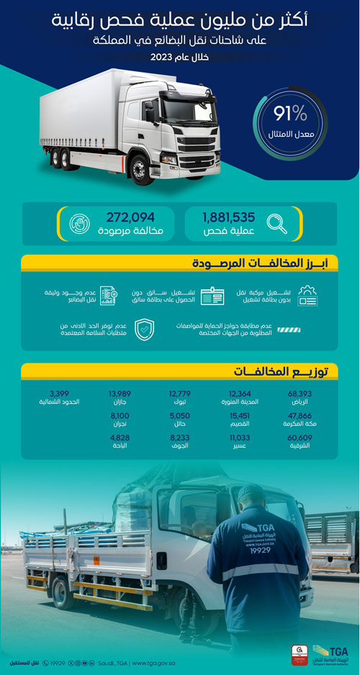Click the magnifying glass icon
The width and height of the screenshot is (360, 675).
(x=276, y=224)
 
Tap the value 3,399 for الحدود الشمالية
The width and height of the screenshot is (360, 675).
(x=58, y=393)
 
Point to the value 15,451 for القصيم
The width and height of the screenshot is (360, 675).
(x=239, y=416)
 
